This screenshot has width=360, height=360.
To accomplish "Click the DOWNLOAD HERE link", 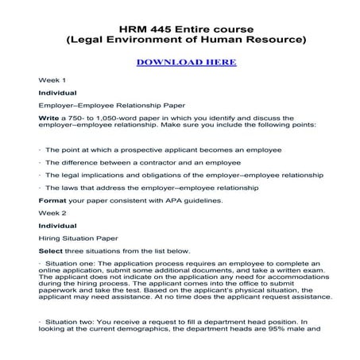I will [180, 61].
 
